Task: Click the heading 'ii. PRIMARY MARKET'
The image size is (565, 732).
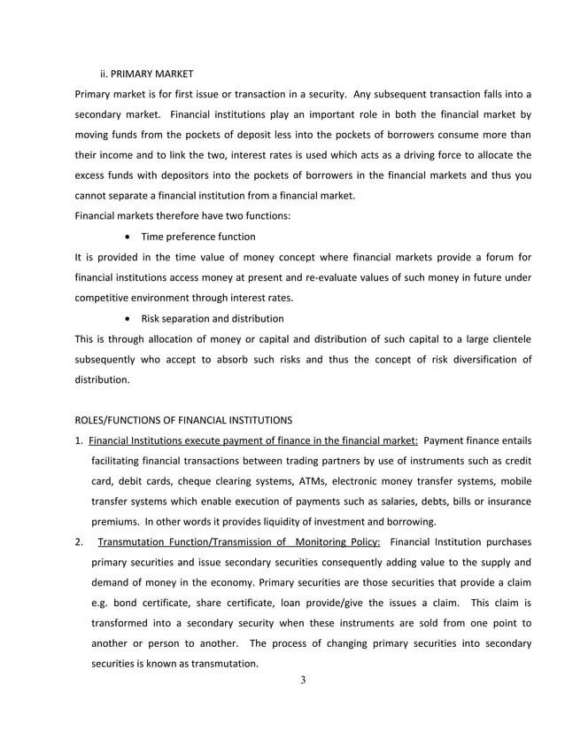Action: coord(147,73)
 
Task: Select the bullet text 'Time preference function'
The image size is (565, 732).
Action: coord(198,237)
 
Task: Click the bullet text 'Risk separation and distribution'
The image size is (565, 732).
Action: coord(213,318)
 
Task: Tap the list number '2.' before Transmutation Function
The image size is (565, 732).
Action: coord(80,542)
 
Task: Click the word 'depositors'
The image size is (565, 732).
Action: coord(175,175)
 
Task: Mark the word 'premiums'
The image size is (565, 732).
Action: coord(115,522)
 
